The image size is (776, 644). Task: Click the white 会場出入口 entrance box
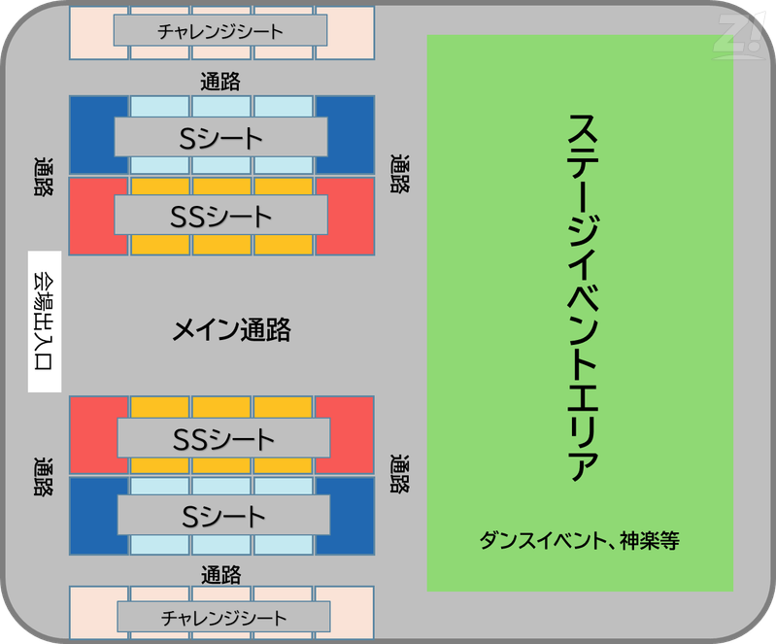(x=45, y=322)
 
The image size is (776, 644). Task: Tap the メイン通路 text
(x=231, y=330)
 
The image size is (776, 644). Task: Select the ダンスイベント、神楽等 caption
(x=579, y=540)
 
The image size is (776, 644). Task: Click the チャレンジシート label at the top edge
(x=220, y=31)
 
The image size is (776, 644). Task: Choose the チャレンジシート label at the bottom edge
(x=223, y=617)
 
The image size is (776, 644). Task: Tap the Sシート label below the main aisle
(x=223, y=515)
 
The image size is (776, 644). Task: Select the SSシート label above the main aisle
(x=220, y=216)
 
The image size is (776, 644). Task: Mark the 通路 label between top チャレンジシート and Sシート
(x=220, y=82)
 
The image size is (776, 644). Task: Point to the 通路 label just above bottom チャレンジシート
(x=221, y=573)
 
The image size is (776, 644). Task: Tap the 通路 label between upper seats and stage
(x=399, y=175)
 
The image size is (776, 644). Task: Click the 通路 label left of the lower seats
(x=43, y=476)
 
